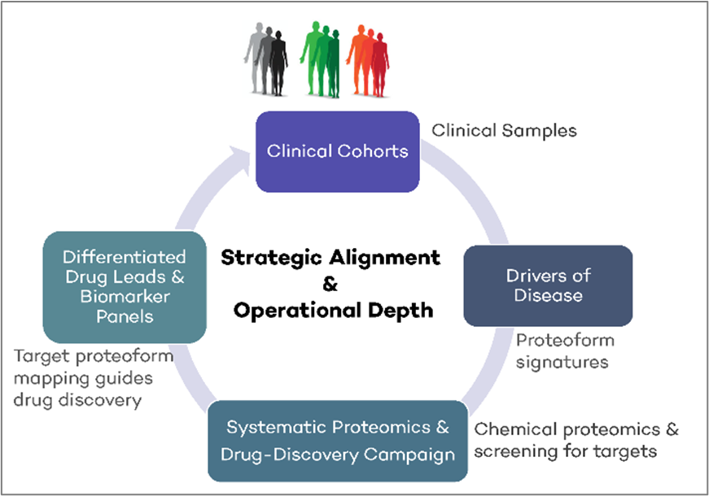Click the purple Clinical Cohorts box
[338, 150]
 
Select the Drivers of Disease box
[548, 285]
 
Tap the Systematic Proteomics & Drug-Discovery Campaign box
[338, 441]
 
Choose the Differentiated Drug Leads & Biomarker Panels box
[124, 286]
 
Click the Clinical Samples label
[504, 130]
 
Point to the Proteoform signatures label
[564, 350]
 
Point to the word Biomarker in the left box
[124, 296]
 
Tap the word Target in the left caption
[41, 357]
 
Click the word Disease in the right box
[548, 295]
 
